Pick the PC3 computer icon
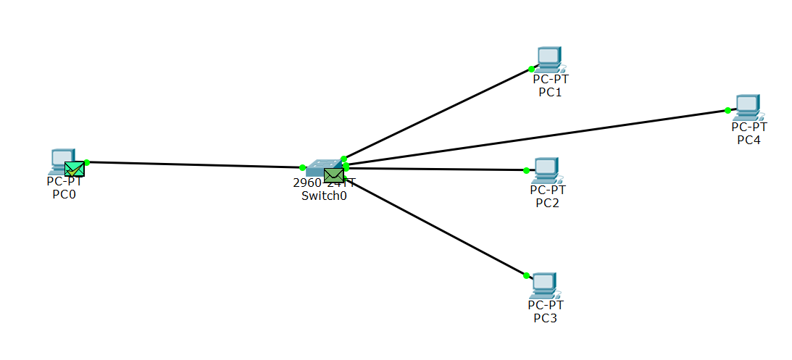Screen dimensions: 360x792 tap(544, 285)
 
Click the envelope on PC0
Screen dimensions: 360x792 tap(74, 169)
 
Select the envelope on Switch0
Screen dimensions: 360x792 tap(334, 175)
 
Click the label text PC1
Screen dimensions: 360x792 tap(550, 92)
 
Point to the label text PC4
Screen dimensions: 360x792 tap(749, 139)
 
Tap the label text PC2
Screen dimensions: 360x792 tap(547, 202)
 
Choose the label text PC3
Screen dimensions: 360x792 tap(545, 317)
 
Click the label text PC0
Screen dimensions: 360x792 tap(64, 193)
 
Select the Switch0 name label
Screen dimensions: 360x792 tap(324, 196)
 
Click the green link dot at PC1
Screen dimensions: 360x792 tap(531, 69)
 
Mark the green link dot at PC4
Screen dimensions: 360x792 tap(727, 111)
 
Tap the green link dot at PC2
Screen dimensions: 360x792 tap(526, 171)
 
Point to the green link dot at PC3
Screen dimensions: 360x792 tap(526, 275)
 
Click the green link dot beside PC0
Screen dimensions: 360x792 tap(86, 162)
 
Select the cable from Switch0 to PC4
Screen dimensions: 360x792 tap(536, 138)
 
